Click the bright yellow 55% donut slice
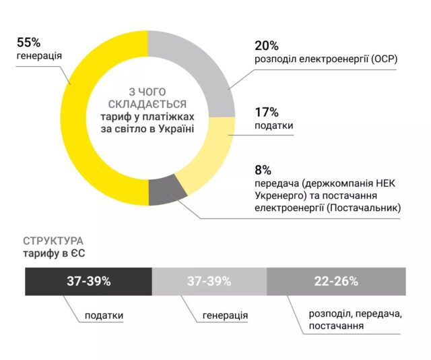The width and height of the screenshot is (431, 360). (75, 119)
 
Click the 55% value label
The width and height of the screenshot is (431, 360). (28, 42)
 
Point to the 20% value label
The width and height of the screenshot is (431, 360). (267, 46)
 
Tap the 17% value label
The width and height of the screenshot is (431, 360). (267, 113)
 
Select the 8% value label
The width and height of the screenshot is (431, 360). (263, 171)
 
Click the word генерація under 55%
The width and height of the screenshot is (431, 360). (39, 56)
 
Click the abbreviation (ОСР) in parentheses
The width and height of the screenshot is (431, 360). (384, 59)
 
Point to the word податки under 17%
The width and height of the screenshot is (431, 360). (274, 125)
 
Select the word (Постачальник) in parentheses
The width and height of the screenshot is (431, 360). (364, 208)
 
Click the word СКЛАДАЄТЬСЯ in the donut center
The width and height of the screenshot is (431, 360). (147, 104)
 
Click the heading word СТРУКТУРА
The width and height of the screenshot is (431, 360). (53, 241)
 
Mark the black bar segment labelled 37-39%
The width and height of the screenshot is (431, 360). (88, 282)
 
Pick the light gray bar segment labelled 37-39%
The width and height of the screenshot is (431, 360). (209, 282)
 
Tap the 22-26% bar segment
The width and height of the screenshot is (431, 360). (336, 282)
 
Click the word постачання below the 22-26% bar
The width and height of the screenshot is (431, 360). (336, 326)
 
